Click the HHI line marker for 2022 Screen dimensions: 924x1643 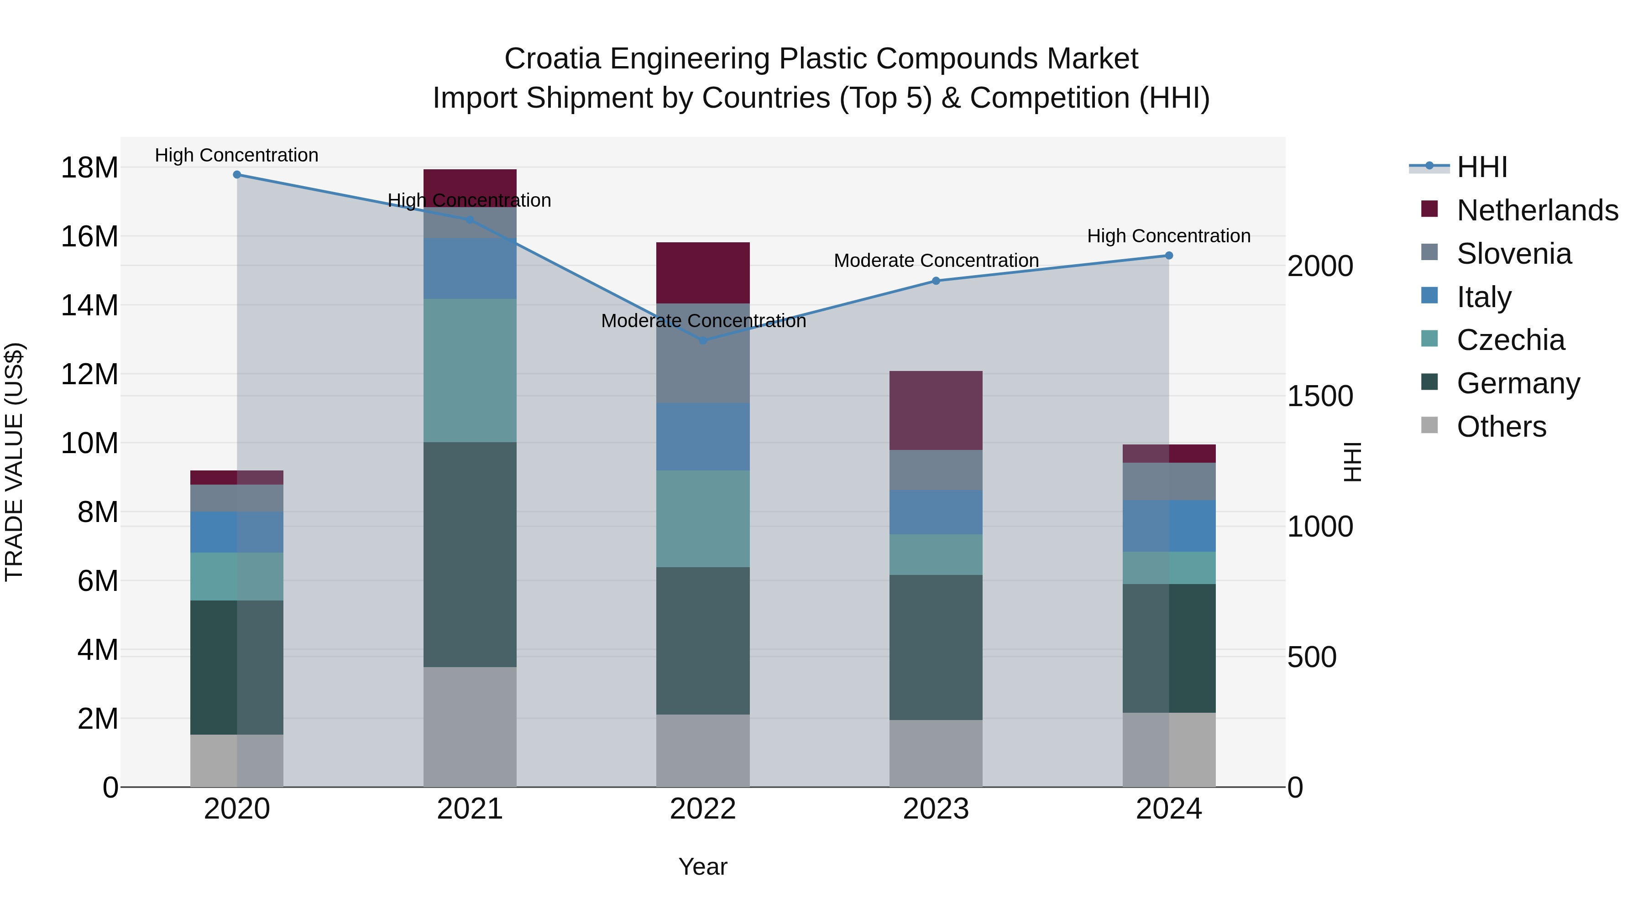(703, 340)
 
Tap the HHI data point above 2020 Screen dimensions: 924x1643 (236, 175)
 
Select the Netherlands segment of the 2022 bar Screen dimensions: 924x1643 (703, 273)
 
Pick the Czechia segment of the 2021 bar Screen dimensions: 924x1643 (470, 371)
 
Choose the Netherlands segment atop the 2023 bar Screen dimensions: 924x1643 (936, 410)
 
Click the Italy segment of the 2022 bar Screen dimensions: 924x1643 (703, 437)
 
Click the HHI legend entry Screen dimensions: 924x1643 (1481, 167)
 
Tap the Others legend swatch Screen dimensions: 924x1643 (1429, 425)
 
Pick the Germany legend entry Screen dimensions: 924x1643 (1518, 383)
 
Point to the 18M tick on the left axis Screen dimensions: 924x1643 (89, 168)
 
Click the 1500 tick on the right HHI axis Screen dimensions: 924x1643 (1319, 396)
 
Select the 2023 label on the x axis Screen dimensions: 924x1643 (936, 809)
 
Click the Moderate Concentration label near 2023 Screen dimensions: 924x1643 (936, 261)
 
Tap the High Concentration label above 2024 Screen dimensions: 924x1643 (1168, 236)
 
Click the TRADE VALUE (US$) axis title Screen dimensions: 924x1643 (14, 462)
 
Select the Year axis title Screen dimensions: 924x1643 (703, 867)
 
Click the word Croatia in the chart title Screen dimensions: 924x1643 (552, 59)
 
